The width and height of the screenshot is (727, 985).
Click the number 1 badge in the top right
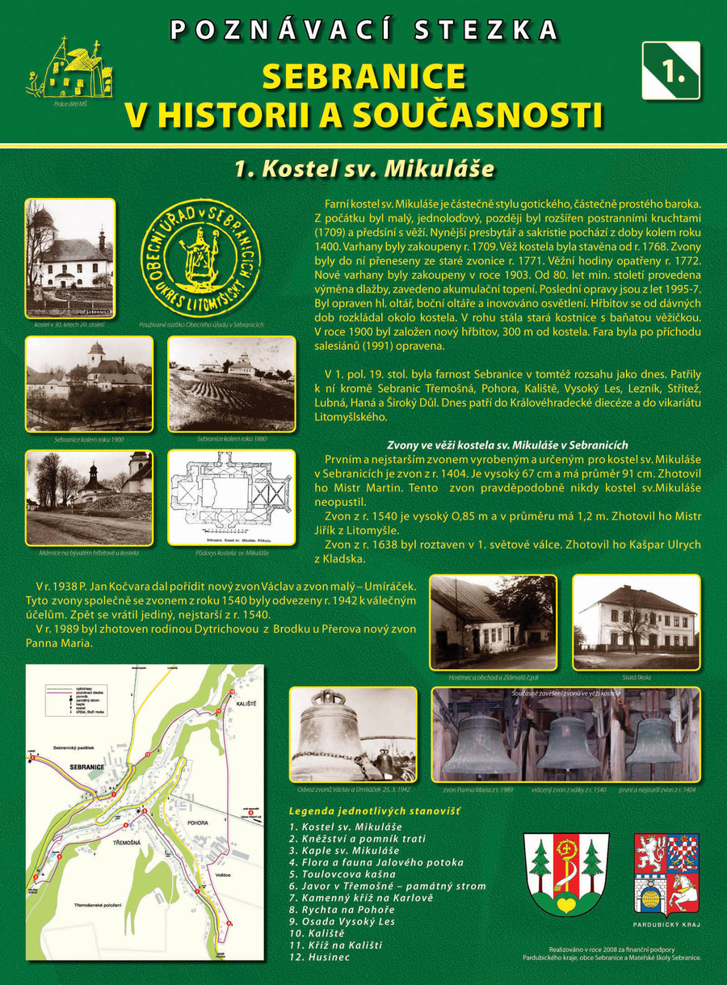tap(670, 70)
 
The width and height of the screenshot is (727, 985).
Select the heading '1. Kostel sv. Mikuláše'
tap(363, 168)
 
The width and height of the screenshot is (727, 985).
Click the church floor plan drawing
tap(231, 497)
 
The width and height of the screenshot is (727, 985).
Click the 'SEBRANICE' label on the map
tap(88, 764)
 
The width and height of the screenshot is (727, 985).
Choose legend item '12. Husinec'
tap(320, 958)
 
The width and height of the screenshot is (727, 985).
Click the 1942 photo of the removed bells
tap(353, 735)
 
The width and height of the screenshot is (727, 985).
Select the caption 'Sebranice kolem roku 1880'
tap(232, 439)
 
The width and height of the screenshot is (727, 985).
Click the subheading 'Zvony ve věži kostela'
tap(507, 445)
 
